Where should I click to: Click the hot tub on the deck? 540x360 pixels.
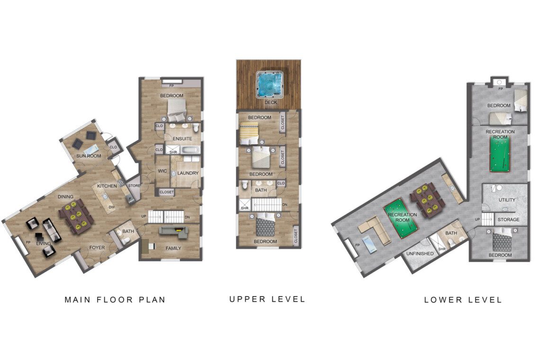point(269,84)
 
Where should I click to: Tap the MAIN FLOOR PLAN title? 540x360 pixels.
point(115,300)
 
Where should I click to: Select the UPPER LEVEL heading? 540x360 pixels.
point(268,299)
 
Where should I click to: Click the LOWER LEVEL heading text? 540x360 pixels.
point(463,300)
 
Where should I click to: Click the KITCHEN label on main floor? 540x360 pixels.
point(107,186)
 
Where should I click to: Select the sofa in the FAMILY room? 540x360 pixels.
point(173,231)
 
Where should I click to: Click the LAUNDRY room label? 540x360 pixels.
point(188,173)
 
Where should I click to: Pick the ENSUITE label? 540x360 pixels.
point(182,139)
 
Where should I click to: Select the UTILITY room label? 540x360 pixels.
point(506,200)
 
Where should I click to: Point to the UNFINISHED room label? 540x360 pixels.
point(420,254)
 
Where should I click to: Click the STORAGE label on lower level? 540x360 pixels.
point(508,220)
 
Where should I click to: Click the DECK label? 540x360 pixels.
point(270,102)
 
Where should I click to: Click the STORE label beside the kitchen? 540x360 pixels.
point(134,186)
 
